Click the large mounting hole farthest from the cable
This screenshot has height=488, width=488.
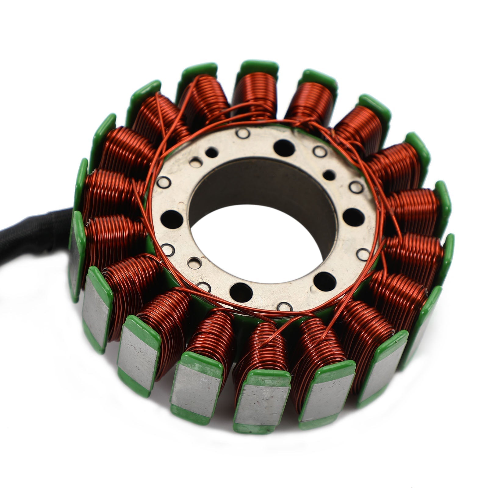pyautogui.click(x=354, y=217)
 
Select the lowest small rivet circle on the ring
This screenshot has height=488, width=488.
pyautogui.click(x=285, y=306)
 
